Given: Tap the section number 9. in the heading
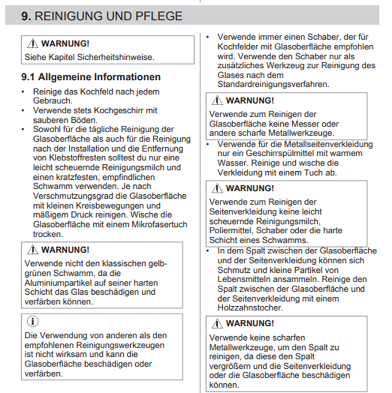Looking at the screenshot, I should (x=26, y=16).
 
